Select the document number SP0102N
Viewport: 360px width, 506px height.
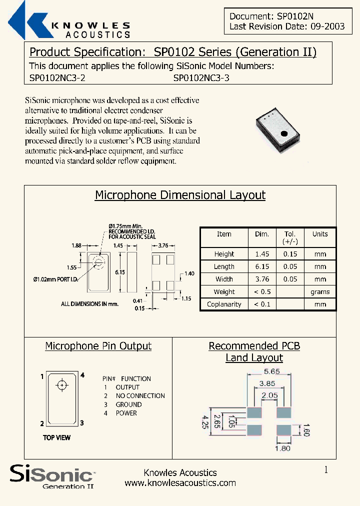click(x=295, y=16)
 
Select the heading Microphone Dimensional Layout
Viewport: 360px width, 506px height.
click(x=180, y=195)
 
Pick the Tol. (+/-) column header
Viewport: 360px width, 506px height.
click(x=290, y=237)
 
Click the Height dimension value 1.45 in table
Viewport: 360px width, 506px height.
click(x=261, y=254)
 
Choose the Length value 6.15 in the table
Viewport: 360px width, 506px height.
click(x=261, y=266)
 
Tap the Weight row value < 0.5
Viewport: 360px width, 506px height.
click(x=261, y=291)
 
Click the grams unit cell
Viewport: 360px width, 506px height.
click(x=320, y=291)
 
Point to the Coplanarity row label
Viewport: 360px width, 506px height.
click(x=224, y=304)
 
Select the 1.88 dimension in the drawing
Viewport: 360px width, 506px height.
click(x=76, y=245)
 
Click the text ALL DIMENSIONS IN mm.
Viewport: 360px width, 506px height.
click(x=90, y=303)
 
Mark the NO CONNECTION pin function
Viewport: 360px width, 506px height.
click(x=140, y=395)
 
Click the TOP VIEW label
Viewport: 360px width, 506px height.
click(x=56, y=437)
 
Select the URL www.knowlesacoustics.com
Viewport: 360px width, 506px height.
click(x=180, y=482)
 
